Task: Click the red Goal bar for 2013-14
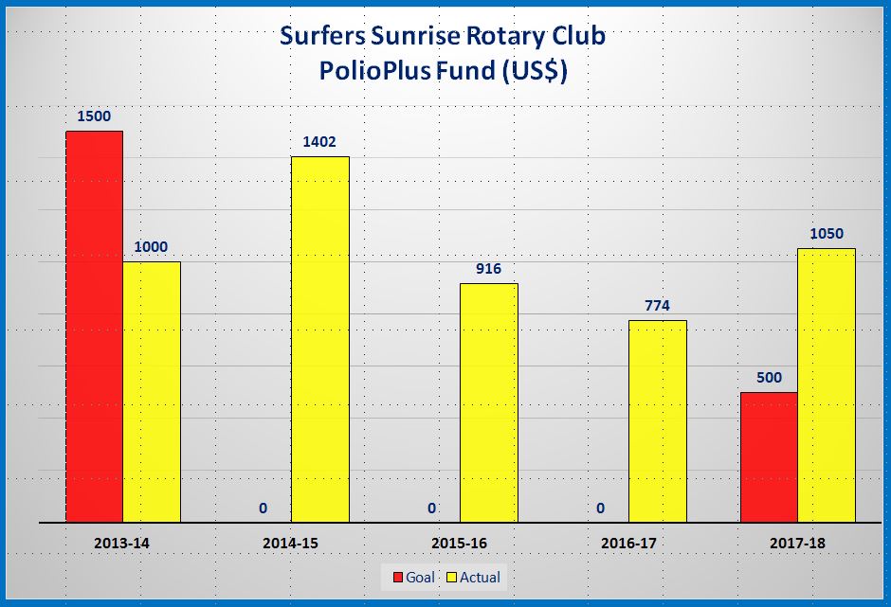click(94, 326)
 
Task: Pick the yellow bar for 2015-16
click(488, 402)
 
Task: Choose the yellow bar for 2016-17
click(658, 420)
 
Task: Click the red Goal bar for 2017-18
click(769, 456)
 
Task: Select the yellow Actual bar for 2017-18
click(827, 384)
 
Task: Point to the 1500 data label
click(94, 116)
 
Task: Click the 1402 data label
click(319, 141)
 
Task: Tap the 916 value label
click(488, 269)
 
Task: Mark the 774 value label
click(658, 305)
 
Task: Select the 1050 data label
click(827, 234)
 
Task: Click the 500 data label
click(769, 378)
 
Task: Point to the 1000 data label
click(152, 247)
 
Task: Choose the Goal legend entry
click(411, 577)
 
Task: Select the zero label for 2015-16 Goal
click(431, 509)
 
